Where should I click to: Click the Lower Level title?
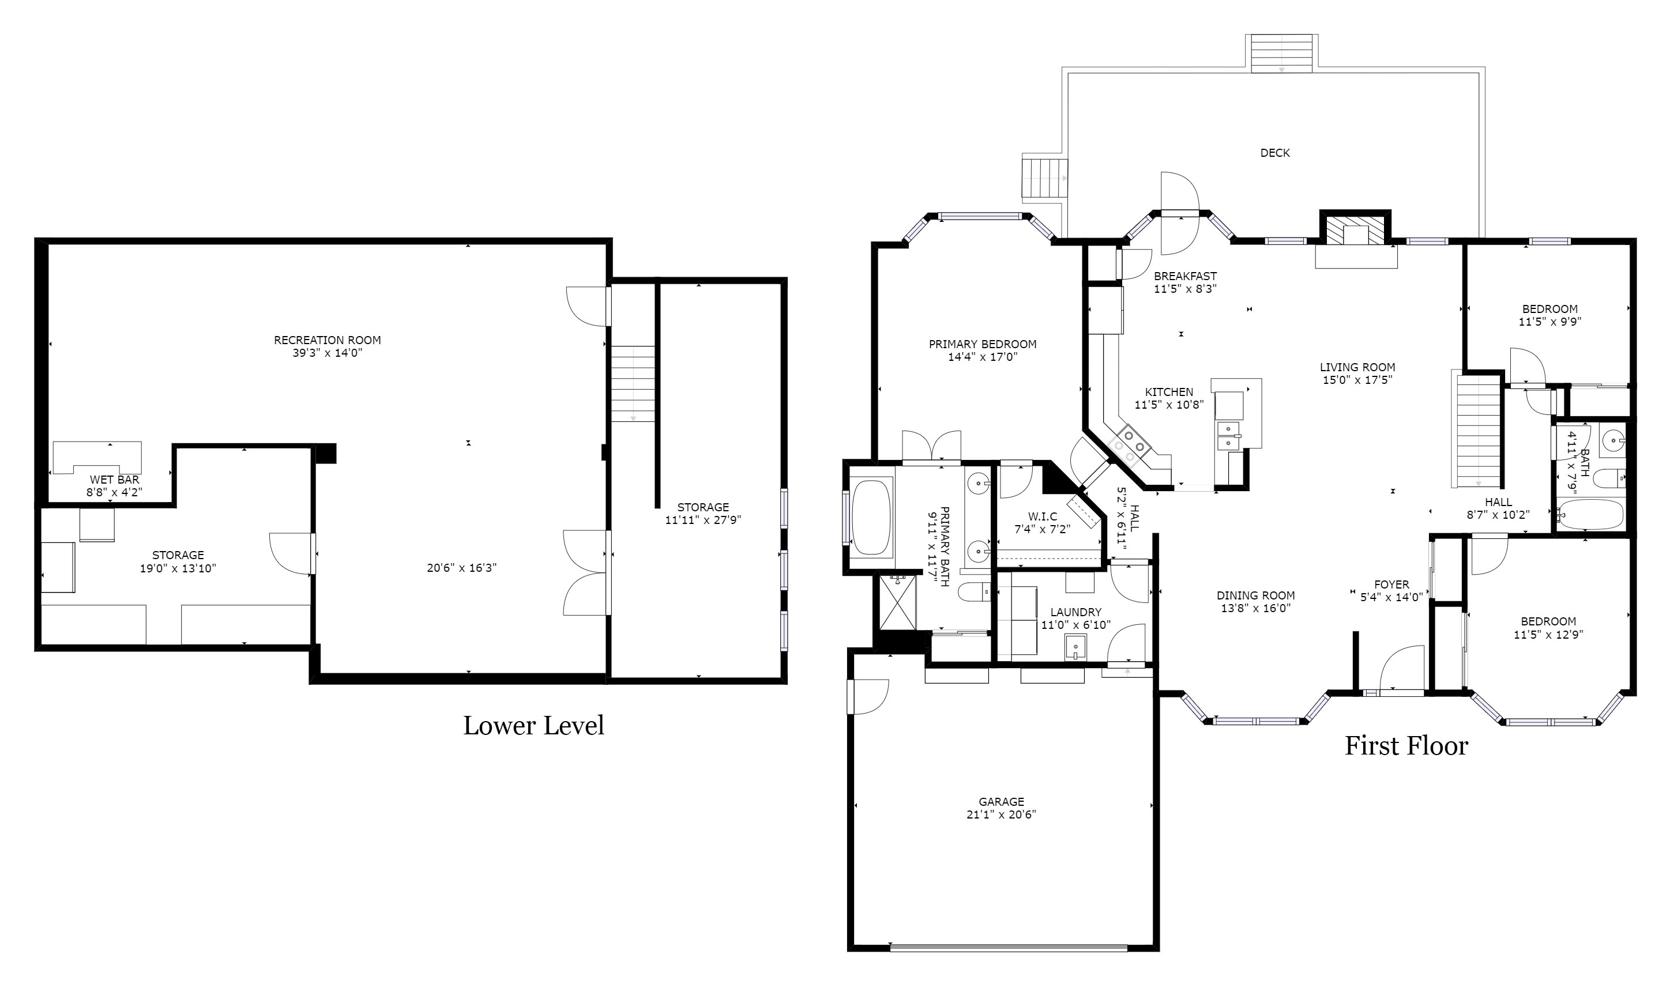(533, 726)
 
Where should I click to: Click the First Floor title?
(1406, 746)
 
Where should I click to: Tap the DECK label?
(1275, 153)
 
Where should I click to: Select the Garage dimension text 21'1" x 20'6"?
(1001, 814)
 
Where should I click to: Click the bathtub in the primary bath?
(871, 517)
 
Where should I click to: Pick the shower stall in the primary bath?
(897, 602)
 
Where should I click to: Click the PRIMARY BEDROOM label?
(982, 344)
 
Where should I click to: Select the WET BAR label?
(115, 480)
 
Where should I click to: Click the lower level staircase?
(633, 383)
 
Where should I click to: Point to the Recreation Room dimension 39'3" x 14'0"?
(328, 353)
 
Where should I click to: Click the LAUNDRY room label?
(1075, 612)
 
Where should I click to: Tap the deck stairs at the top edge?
(1282, 54)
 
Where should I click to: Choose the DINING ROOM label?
(1256, 595)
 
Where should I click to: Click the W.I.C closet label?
(1043, 516)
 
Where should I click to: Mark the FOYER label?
(1391, 585)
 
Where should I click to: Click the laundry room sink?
(1075, 647)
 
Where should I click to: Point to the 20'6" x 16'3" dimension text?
(461, 568)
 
